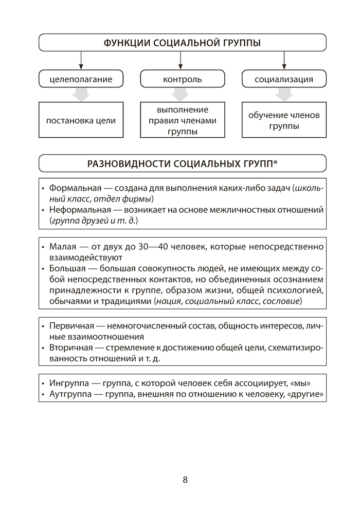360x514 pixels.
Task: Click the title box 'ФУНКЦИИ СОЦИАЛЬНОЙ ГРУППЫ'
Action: pyautogui.click(x=183, y=43)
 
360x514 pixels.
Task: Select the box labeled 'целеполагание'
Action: pyautogui.click(x=81, y=79)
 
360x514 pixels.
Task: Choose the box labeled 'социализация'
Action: pyautogui.click(x=284, y=79)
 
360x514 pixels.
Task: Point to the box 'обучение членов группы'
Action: pyautogui.click(x=284, y=120)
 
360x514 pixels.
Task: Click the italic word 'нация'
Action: pyautogui.click(x=170, y=300)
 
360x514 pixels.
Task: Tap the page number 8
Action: pyautogui.click(x=185, y=480)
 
